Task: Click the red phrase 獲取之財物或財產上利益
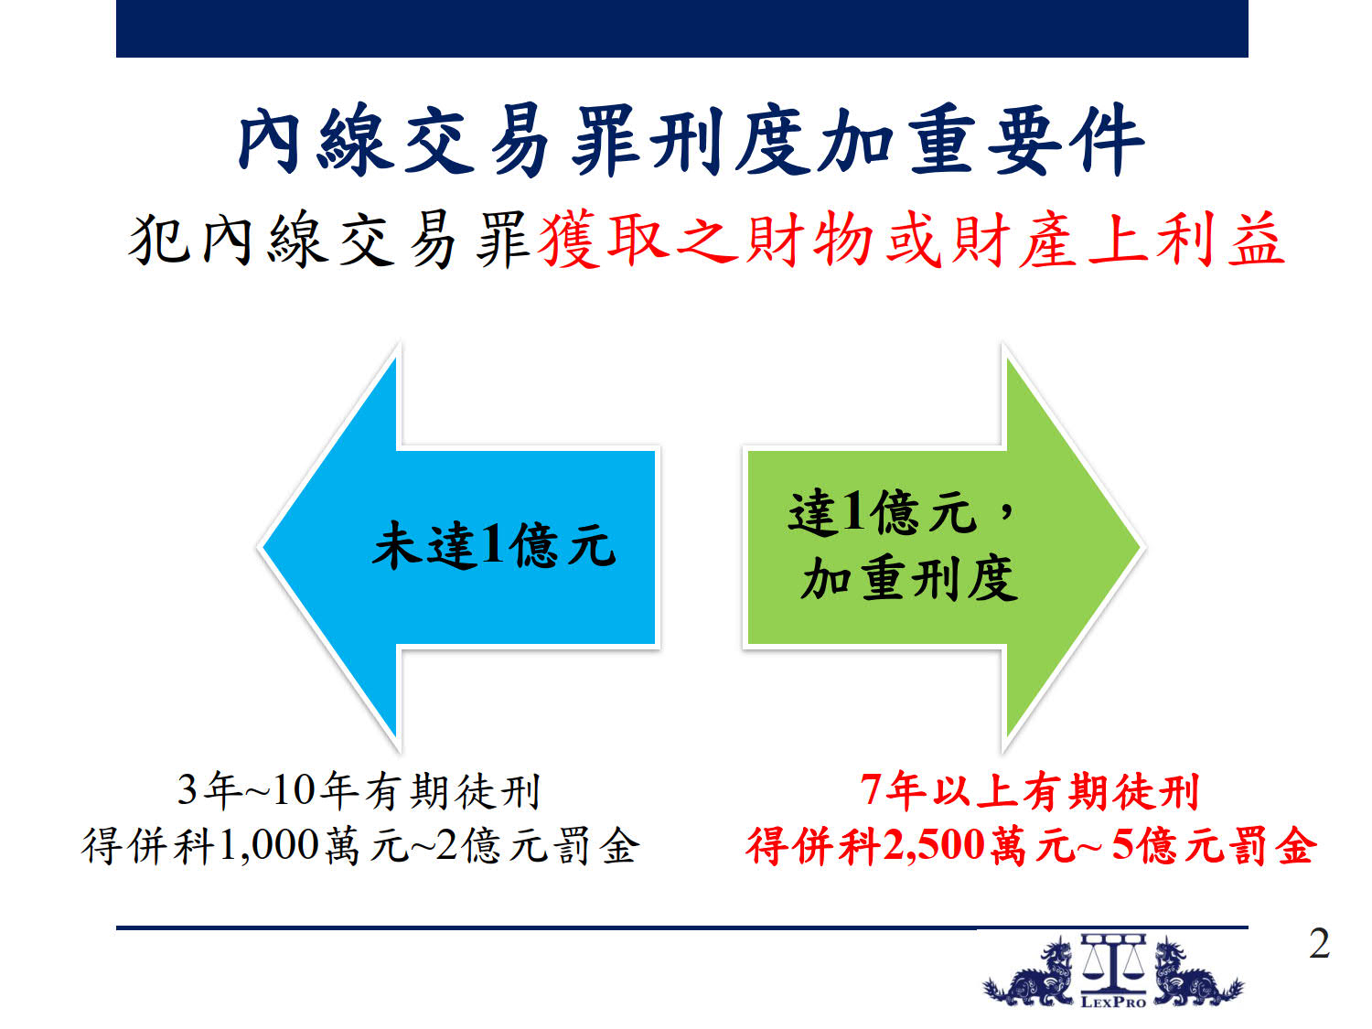point(911,240)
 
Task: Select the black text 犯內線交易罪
point(329,240)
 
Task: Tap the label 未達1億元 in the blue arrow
point(494,545)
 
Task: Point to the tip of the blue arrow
point(260,547)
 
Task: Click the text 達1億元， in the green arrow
point(900,512)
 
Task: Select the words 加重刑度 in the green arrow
point(909,579)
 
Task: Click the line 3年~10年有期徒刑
point(359,791)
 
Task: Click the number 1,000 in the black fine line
point(270,847)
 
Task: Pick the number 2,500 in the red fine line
point(935,847)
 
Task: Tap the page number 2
point(1319,944)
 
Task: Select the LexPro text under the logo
point(1113,1002)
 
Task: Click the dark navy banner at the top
point(682,28)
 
